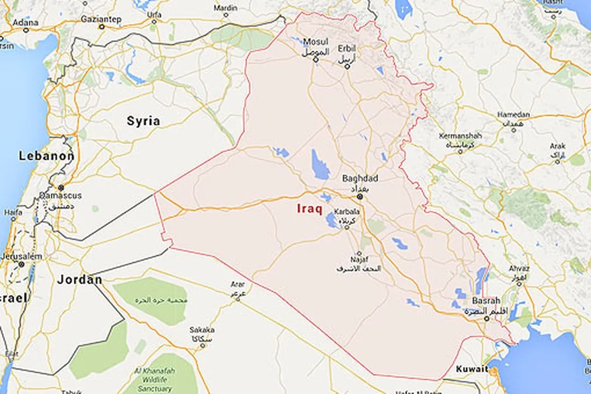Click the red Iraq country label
tap(309, 209)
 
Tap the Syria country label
tap(143, 121)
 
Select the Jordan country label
tap(79, 280)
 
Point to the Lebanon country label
tap(46, 157)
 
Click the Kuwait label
tap(471, 368)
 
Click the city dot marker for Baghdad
tap(360, 197)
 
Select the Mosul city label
tap(315, 41)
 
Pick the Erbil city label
tap(347, 48)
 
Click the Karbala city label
tap(347, 211)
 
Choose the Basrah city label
tap(486, 300)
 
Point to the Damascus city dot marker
tap(61, 188)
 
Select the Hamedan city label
tap(513, 115)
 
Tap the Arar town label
tap(238, 284)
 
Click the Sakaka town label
tap(202, 330)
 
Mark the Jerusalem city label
tap(21, 257)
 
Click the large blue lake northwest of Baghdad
tap(320, 164)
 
